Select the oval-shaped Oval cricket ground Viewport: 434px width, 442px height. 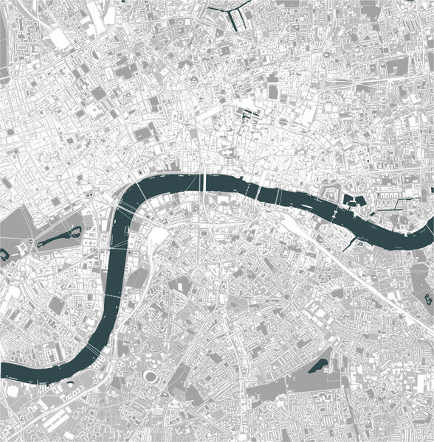(152, 376)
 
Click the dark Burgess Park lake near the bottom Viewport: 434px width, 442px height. (319, 365)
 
